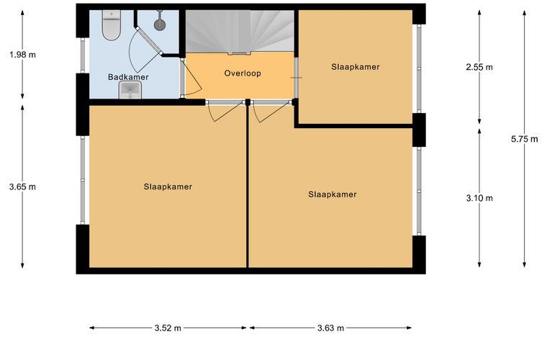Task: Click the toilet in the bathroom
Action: tap(112, 24)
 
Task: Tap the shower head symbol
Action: tap(160, 24)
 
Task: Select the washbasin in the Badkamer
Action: tap(130, 90)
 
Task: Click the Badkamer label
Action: tap(128, 77)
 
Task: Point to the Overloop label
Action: tap(243, 73)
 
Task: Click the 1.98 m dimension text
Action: tap(23, 55)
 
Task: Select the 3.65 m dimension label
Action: tap(23, 187)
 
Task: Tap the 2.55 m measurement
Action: tap(479, 67)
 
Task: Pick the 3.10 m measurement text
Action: tap(479, 199)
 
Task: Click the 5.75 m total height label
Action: tap(524, 139)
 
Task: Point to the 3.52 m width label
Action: tap(168, 328)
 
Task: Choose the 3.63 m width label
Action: tap(330, 328)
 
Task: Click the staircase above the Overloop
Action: tap(240, 32)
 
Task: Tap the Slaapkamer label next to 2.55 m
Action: tap(356, 67)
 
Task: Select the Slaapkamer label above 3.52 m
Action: tap(168, 186)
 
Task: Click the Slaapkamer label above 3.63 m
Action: tap(333, 194)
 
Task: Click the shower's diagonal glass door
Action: tap(149, 40)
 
